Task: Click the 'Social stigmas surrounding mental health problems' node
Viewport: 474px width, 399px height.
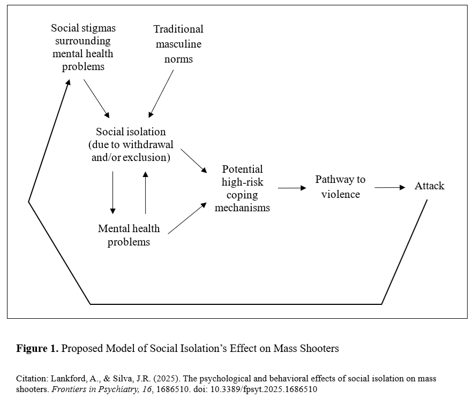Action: pos(83,47)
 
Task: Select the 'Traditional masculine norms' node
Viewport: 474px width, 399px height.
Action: pos(178,44)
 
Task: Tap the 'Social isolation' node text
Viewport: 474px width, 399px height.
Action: pos(131,132)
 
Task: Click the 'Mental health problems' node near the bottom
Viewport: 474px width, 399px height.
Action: pos(129,235)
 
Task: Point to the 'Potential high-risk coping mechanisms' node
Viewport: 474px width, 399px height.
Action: pos(242,188)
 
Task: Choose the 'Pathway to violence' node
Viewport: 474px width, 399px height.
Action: pos(340,187)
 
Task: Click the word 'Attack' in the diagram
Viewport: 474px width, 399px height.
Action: pos(429,186)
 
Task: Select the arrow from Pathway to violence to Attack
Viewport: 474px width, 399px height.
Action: pos(390,187)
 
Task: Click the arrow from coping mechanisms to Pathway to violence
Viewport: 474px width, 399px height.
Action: pos(292,188)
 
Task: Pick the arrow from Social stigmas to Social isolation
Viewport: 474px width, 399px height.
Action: pos(97,98)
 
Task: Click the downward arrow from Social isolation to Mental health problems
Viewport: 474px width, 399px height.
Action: pos(113,193)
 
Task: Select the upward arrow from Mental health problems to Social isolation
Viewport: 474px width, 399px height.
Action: pos(145,193)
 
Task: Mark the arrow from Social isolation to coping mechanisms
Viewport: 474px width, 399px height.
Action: pos(193,160)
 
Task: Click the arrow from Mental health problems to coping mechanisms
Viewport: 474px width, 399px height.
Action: pos(187,218)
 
